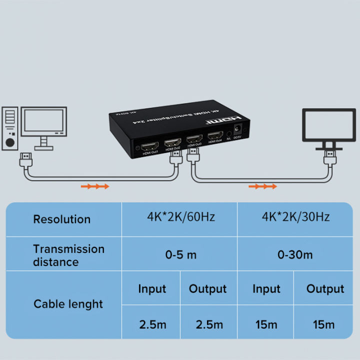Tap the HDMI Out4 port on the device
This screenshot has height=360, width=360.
215,135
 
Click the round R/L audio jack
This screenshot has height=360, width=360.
228,133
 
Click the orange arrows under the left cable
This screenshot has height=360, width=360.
95,186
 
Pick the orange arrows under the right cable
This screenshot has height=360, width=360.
262,186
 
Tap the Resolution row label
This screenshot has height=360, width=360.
61,219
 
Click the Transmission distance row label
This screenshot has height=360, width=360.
68,255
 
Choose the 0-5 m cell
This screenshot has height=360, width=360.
180,254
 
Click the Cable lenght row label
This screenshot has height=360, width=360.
68,304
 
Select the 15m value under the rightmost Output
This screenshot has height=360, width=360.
323,324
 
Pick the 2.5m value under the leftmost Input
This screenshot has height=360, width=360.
152,324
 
